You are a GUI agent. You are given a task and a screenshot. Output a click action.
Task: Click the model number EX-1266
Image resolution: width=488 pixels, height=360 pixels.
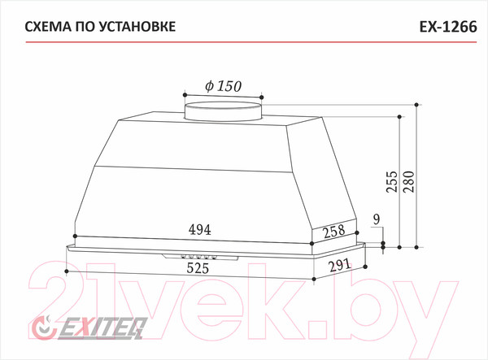448,27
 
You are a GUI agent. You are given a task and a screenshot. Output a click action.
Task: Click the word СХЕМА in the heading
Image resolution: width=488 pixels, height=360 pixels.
48,27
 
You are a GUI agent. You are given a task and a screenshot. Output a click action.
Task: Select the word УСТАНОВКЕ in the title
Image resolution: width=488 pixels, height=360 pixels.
138,27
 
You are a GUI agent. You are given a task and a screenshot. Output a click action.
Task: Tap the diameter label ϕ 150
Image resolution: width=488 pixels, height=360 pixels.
223,86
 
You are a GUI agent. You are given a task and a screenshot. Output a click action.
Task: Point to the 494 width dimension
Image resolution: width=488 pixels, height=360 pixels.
200,230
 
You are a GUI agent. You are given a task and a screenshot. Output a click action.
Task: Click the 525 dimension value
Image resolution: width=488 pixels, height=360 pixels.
198,268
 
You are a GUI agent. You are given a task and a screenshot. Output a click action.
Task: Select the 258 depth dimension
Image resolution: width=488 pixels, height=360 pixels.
334,232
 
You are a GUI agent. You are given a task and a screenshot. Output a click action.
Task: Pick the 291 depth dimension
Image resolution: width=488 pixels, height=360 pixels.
339,265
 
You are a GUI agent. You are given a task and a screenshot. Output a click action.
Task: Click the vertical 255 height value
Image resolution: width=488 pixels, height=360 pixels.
392,181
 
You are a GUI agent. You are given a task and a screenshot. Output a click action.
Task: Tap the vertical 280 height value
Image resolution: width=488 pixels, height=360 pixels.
409,181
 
